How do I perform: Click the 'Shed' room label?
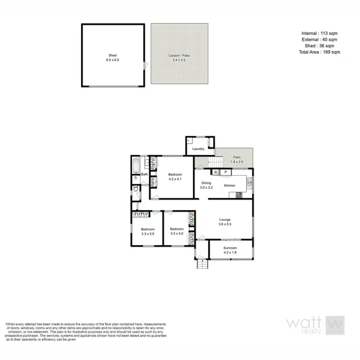(113, 55)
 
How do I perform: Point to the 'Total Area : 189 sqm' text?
(319, 52)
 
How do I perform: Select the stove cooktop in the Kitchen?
(239, 194)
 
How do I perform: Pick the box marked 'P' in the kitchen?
(225, 172)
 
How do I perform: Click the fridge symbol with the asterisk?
(216, 172)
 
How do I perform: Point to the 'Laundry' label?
(198, 149)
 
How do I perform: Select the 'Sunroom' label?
(230, 248)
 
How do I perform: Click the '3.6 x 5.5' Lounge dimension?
(225, 224)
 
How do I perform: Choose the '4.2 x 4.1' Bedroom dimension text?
(175, 179)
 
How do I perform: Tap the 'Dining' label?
(206, 183)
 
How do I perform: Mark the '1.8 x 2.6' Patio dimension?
(237, 162)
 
